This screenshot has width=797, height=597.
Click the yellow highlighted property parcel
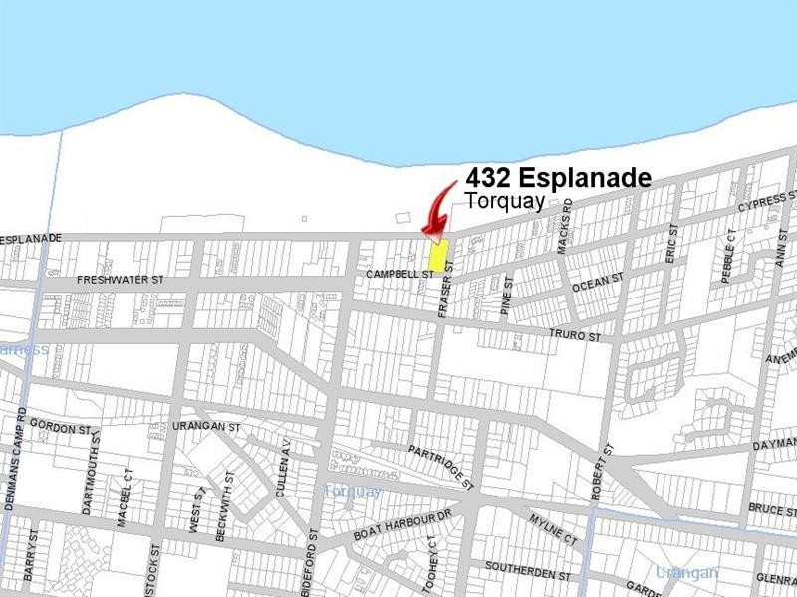pos(437,256)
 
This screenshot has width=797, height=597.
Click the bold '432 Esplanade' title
pos(558,179)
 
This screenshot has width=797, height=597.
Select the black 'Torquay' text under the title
pos(505,201)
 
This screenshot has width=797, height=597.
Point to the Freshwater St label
pos(121,281)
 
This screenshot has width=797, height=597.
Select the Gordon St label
pos(60,428)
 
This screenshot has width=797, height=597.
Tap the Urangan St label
pos(207,427)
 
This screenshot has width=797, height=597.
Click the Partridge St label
pos(439,465)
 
